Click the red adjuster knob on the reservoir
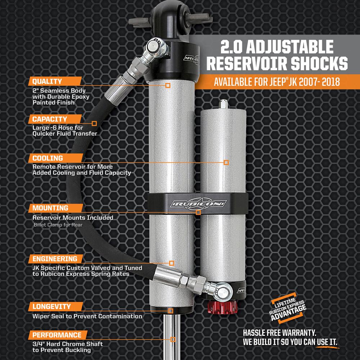[x=221, y=308]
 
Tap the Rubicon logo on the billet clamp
[x=198, y=203]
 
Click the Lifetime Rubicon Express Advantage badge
[x=287, y=308]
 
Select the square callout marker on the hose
[x=94, y=123]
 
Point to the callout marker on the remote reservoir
[x=226, y=163]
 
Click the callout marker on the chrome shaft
[x=173, y=339]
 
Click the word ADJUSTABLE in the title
[x=290, y=47]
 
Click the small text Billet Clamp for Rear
[x=58, y=225]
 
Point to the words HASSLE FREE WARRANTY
[x=279, y=333]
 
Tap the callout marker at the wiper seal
[x=171, y=311]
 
